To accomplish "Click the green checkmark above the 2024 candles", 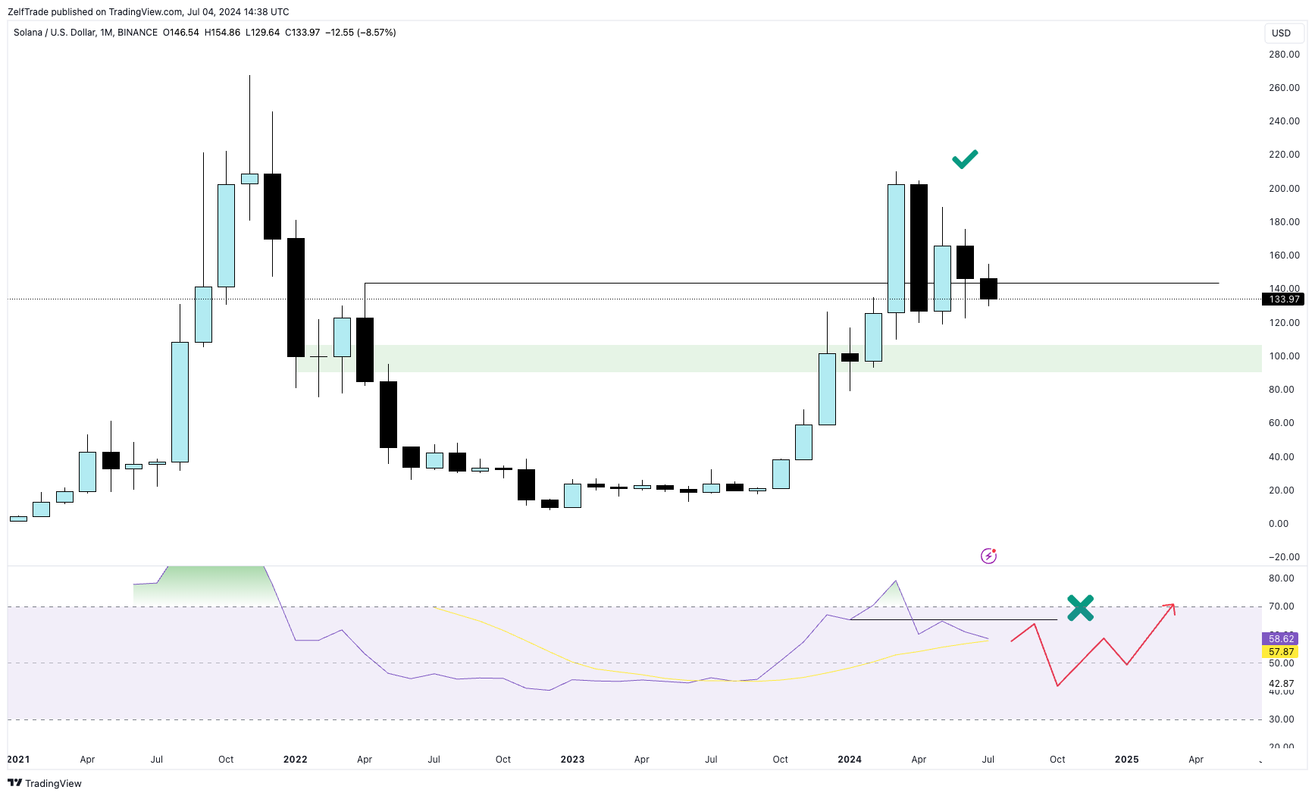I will [965, 158].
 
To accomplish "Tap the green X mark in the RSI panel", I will [1080, 607].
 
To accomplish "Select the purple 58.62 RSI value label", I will [1281, 638].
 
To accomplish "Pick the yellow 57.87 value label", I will [1281, 652].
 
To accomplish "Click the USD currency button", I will [1281, 33].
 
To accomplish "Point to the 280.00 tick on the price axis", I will [1284, 55].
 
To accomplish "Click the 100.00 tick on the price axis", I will [1284, 356].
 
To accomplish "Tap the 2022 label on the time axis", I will [295, 759].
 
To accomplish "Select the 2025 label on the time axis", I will [1126, 759].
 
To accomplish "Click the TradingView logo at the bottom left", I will [45, 783].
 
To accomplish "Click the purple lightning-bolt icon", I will [988, 556].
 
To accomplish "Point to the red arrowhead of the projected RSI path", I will [1171, 606].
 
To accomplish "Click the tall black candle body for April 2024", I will [919, 247].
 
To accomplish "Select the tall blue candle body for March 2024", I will [896, 249].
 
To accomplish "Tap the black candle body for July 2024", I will [988, 289].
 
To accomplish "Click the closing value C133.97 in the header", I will [302, 33].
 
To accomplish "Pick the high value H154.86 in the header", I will [222, 33].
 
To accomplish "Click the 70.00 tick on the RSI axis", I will [1281, 606].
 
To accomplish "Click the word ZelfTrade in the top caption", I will [28, 11].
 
